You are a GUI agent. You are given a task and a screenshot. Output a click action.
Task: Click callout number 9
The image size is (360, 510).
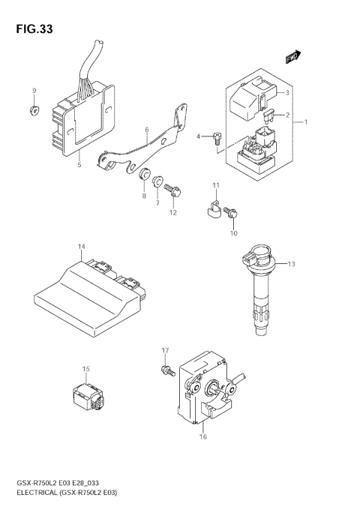tap(34, 91)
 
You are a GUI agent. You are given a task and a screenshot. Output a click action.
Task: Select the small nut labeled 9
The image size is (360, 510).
tap(34, 111)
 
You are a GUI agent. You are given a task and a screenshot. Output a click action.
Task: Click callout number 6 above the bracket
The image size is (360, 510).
tap(146, 130)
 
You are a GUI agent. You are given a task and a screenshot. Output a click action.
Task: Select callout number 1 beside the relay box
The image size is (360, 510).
tap(305, 121)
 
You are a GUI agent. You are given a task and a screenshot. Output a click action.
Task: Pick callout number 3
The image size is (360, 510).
tap(286, 93)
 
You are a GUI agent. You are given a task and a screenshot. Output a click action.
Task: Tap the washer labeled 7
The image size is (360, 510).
tap(158, 181)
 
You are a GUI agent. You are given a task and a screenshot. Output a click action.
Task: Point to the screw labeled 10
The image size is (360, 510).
tap(234, 214)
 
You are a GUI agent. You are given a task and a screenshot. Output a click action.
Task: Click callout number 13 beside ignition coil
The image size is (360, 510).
tap(292, 263)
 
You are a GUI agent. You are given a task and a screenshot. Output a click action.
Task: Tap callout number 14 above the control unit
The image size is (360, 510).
tap(81, 247)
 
